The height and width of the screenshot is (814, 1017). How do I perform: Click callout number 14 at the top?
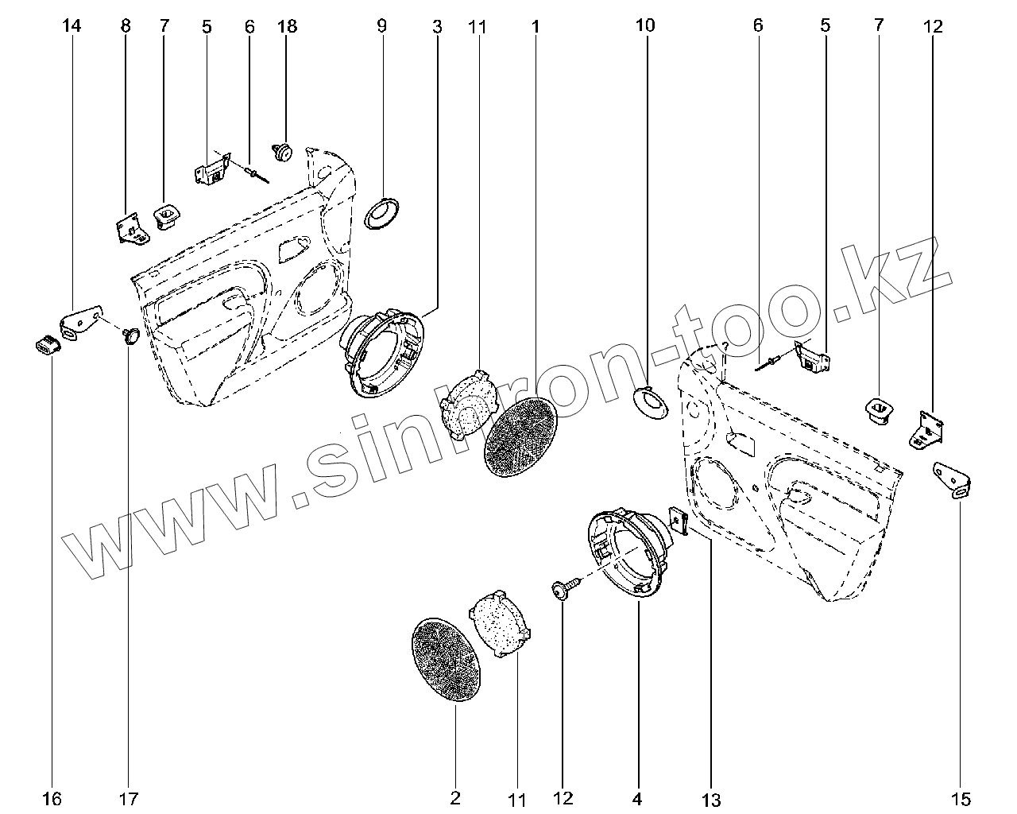coord(72,26)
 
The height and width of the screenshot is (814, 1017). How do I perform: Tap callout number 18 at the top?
coord(287,26)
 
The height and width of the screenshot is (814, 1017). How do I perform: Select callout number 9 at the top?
coord(381,26)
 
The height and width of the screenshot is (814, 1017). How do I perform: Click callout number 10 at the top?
coord(645,26)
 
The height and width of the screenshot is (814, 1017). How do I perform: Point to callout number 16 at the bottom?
coord(52,798)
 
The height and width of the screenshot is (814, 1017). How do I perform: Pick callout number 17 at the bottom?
coord(129,798)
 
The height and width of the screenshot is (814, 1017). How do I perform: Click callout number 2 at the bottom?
coord(456,798)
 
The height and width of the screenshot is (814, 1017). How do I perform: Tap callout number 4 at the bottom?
coord(637,798)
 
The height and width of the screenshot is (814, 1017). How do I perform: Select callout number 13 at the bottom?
coord(710,799)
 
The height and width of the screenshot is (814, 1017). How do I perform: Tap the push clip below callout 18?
coord(283,151)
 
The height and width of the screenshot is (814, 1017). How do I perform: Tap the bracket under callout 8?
coord(130,230)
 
